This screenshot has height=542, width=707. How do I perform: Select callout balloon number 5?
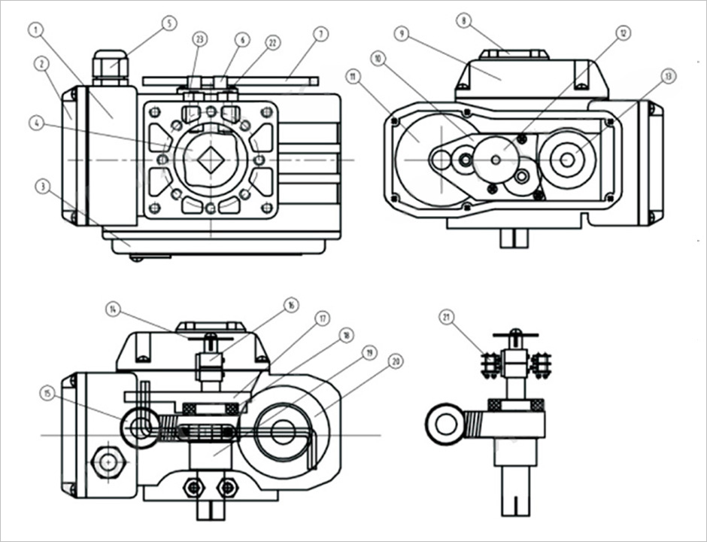169,23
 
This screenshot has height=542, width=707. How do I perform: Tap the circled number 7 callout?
321,34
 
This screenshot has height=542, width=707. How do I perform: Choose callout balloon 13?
668,75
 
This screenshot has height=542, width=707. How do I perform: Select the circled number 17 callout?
323,318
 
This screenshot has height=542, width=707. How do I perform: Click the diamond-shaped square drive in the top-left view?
211,160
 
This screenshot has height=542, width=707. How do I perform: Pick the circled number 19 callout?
369,352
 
